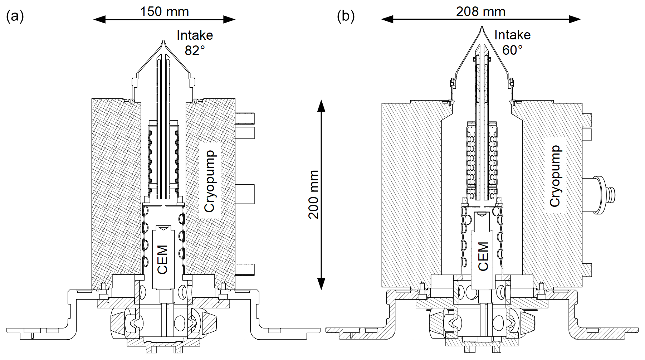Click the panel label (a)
pos(15,16)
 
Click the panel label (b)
pos(346,16)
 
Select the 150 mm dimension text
pos(164,11)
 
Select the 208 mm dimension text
pos(480,11)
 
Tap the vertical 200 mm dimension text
pos(313,194)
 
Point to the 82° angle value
pos(195,50)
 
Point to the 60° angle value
pos(512,50)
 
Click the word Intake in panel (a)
pos(195,35)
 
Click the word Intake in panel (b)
pos(512,35)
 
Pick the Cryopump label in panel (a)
pos(210,181)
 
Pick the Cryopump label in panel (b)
pos(555,176)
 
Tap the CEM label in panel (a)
pos(162,259)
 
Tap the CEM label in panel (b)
pos(483,256)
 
